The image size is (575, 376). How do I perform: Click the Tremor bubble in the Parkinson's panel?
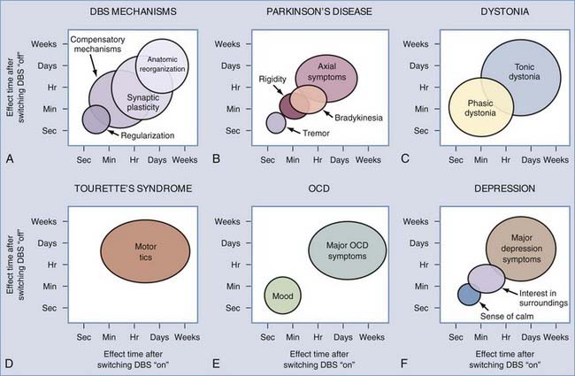276,123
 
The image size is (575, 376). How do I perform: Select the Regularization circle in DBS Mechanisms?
96,117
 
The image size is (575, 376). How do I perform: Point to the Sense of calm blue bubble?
468,295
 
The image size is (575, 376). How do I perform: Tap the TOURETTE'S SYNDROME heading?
132,191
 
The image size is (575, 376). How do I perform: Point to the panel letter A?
8,159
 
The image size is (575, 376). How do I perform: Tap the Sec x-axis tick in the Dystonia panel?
456,160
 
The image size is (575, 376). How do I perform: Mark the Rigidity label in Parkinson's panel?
272,79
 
